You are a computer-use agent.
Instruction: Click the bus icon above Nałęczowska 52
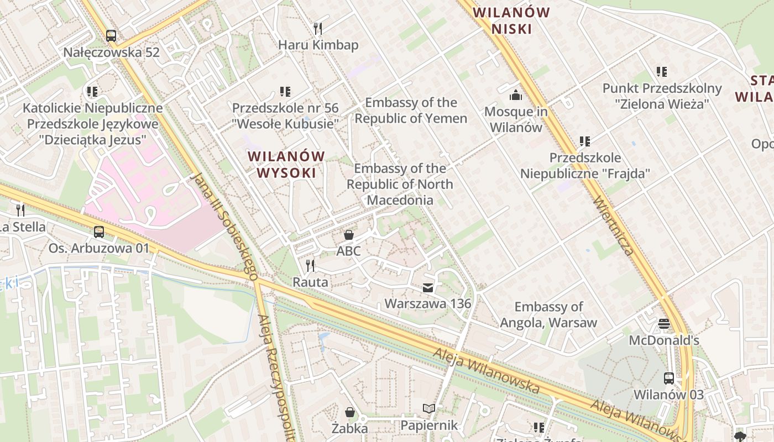click(111, 36)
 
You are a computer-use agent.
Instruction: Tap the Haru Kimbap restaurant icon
click(317, 28)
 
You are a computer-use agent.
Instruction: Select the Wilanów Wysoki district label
click(286, 164)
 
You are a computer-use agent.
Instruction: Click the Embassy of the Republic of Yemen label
click(411, 110)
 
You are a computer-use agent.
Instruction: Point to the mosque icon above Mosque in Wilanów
click(516, 95)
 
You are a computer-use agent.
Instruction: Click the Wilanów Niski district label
click(511, 20)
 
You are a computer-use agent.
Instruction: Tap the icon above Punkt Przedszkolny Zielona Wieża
click(661, 71)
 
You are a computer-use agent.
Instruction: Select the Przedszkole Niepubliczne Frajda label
click(584, 166)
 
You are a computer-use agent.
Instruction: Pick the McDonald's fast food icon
click(663, 324)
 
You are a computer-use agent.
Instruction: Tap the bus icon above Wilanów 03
click(668, 378)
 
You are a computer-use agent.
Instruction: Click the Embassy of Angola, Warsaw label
click(548, 314)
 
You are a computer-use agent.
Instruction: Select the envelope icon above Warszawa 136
click(428, 287)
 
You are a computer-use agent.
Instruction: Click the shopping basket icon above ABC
click(349, 235)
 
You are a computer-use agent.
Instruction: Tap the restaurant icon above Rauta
click(310, 266)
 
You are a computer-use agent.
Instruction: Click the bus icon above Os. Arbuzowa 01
click(99, 232)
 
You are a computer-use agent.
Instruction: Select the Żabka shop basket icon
click(349, 412)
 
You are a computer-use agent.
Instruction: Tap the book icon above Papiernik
click(429, 409)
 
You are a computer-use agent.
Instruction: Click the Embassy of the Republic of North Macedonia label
click(400, 184)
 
